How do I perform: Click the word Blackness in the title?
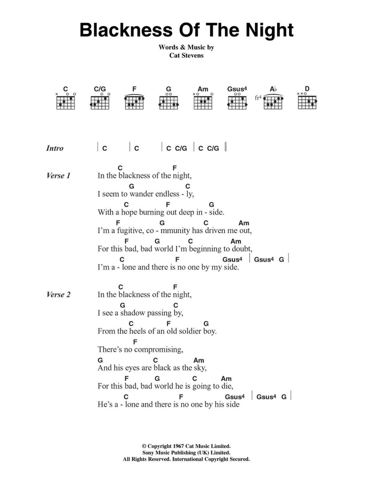[126, 30]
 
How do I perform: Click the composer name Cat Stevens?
[187, 55]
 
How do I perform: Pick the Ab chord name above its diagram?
[273, 89]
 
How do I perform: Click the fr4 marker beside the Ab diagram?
[258, 98]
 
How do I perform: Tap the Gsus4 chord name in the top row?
[237, 89]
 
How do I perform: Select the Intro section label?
[54, 148]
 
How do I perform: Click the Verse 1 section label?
[58, 175]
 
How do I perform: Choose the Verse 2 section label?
[58, 294]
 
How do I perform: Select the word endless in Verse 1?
[167, 194]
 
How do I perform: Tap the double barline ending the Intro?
[226, 147]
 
